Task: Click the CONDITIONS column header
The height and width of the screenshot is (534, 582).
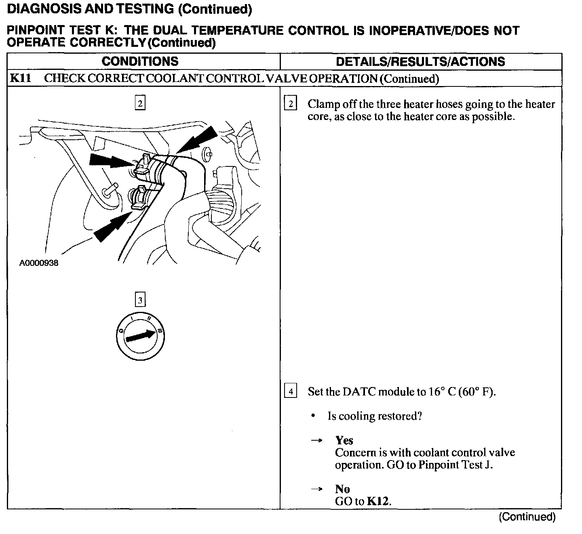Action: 140,61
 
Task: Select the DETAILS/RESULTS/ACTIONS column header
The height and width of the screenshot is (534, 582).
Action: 420,62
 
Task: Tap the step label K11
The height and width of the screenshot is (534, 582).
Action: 20,78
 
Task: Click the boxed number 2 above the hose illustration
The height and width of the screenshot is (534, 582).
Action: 140,103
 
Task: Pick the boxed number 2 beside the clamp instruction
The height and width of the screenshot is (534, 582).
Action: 290,104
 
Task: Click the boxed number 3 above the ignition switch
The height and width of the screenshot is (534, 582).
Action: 140,300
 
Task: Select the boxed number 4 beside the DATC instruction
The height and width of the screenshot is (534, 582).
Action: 290,391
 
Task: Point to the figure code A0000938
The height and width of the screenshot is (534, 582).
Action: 39,263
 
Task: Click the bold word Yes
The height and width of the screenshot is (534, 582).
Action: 344,440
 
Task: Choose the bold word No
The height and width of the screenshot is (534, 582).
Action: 342,489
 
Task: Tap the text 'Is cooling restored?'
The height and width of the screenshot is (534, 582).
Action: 375,416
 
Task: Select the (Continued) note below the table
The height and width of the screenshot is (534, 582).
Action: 527,517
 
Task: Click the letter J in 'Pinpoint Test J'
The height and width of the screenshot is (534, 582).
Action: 489,465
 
